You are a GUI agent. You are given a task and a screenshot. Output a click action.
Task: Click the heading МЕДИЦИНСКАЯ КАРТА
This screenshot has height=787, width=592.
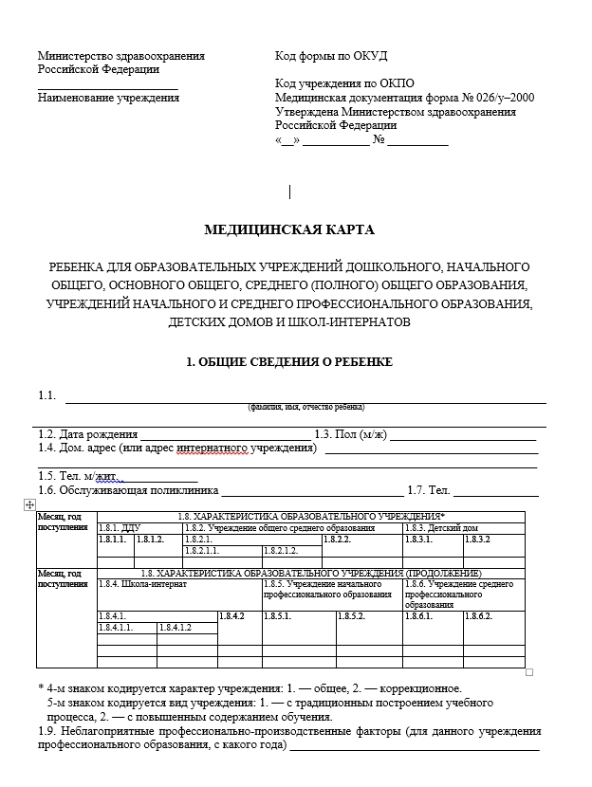click(289, 229)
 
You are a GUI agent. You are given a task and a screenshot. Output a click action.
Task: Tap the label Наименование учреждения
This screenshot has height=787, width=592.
click(108, 98)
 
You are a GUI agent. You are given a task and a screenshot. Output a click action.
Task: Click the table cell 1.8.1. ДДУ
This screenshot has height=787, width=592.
click(120, 527)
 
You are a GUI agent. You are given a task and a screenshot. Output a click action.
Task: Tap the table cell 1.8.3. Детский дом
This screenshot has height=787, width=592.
click(441, 527)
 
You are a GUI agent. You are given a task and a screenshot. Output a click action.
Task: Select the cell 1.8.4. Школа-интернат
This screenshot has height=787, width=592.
click(142, 584)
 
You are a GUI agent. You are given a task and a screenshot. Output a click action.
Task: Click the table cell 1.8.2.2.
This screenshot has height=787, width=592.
click(338, 539)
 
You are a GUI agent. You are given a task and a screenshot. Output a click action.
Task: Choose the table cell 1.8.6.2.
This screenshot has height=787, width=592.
click(478, 616)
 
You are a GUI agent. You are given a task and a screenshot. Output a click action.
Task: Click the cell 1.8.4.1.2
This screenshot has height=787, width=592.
click(176, 627)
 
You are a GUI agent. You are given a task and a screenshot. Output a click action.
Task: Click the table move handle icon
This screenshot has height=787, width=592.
click(28, 505)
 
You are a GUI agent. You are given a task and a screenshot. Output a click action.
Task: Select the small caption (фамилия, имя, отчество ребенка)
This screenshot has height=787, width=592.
click(305, 406)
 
